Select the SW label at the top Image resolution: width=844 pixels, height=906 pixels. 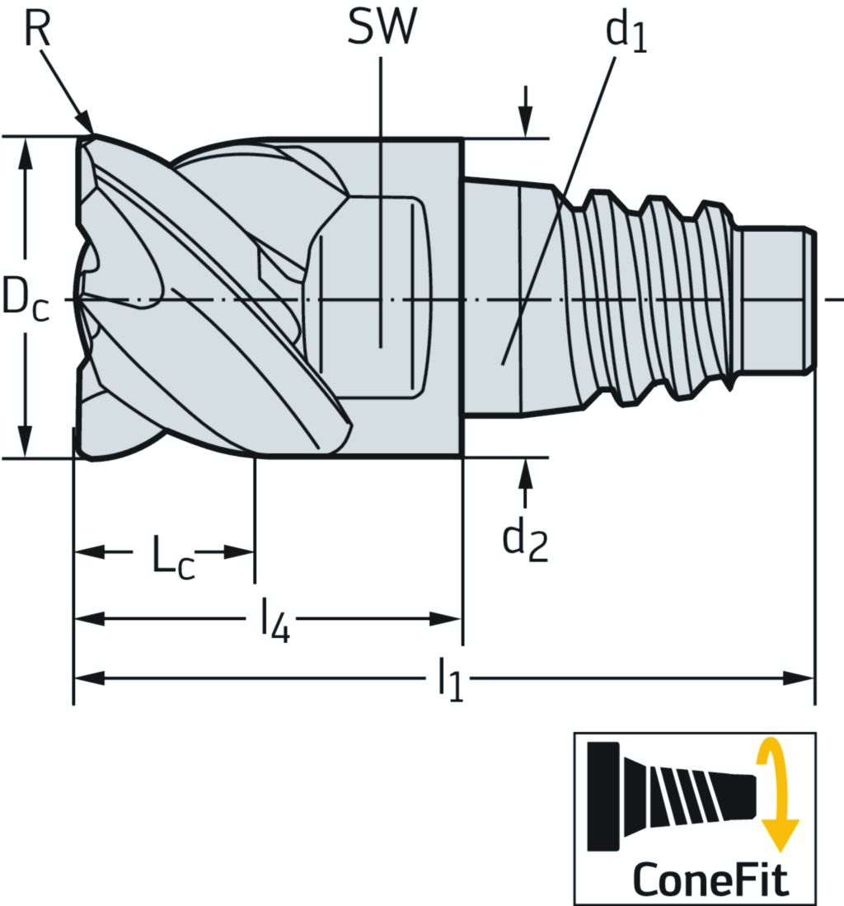(381, 29)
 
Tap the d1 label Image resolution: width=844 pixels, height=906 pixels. (626, 33)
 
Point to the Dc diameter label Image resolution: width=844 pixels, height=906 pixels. (25, 298)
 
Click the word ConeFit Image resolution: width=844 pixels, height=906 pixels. (710, 879)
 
